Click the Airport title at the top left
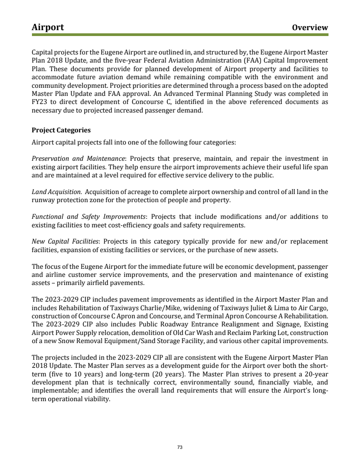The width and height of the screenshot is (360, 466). (48, 27)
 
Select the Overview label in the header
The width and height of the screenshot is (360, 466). (310, 27)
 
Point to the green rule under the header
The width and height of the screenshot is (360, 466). (180, 34)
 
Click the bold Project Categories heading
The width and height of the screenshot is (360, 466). (61, 130)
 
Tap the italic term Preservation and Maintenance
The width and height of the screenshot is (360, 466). (78, 158)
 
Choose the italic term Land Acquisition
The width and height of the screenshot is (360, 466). (57, 192)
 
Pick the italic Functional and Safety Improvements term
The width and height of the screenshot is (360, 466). (89, 217)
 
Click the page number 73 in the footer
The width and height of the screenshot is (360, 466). (180, 447)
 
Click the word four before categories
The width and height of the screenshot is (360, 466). (179, 142)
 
